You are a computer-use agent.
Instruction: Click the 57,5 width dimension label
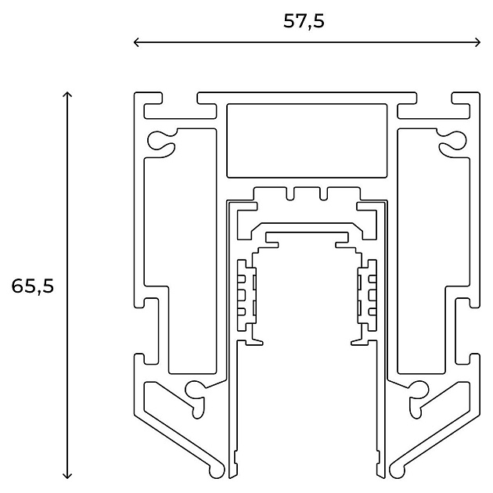pyautogui.click(x=304, y=22)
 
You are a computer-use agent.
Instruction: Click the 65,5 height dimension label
pyautogui.click(x=33, y=286)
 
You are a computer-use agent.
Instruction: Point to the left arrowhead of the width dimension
pyautogui.click(x=136, y=42)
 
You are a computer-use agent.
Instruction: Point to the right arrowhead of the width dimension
pyautogui.click(x=478, y=42)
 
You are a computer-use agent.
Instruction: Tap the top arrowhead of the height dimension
pyautogui.click(x=67, y=94)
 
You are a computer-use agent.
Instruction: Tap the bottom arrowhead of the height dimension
pyautogui.click(x=67, y=476)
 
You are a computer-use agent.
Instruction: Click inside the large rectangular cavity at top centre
pyautogui.click(x=307, y=141)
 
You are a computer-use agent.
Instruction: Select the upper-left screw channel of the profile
pyautogui.click(x=161, y=141)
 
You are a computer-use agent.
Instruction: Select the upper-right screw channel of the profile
pyautogui.click(x=453, y=141)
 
